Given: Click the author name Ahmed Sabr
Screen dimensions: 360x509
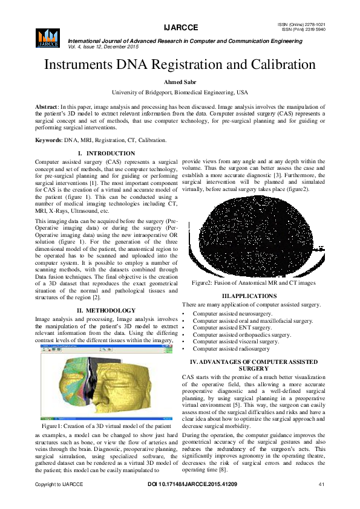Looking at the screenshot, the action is coord(180,83).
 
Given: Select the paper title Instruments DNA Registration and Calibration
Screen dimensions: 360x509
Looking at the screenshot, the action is coord(180,65).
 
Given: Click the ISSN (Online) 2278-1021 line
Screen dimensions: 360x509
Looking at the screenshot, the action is coord(306,24).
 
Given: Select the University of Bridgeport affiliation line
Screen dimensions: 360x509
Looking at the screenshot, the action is coord(180,92).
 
